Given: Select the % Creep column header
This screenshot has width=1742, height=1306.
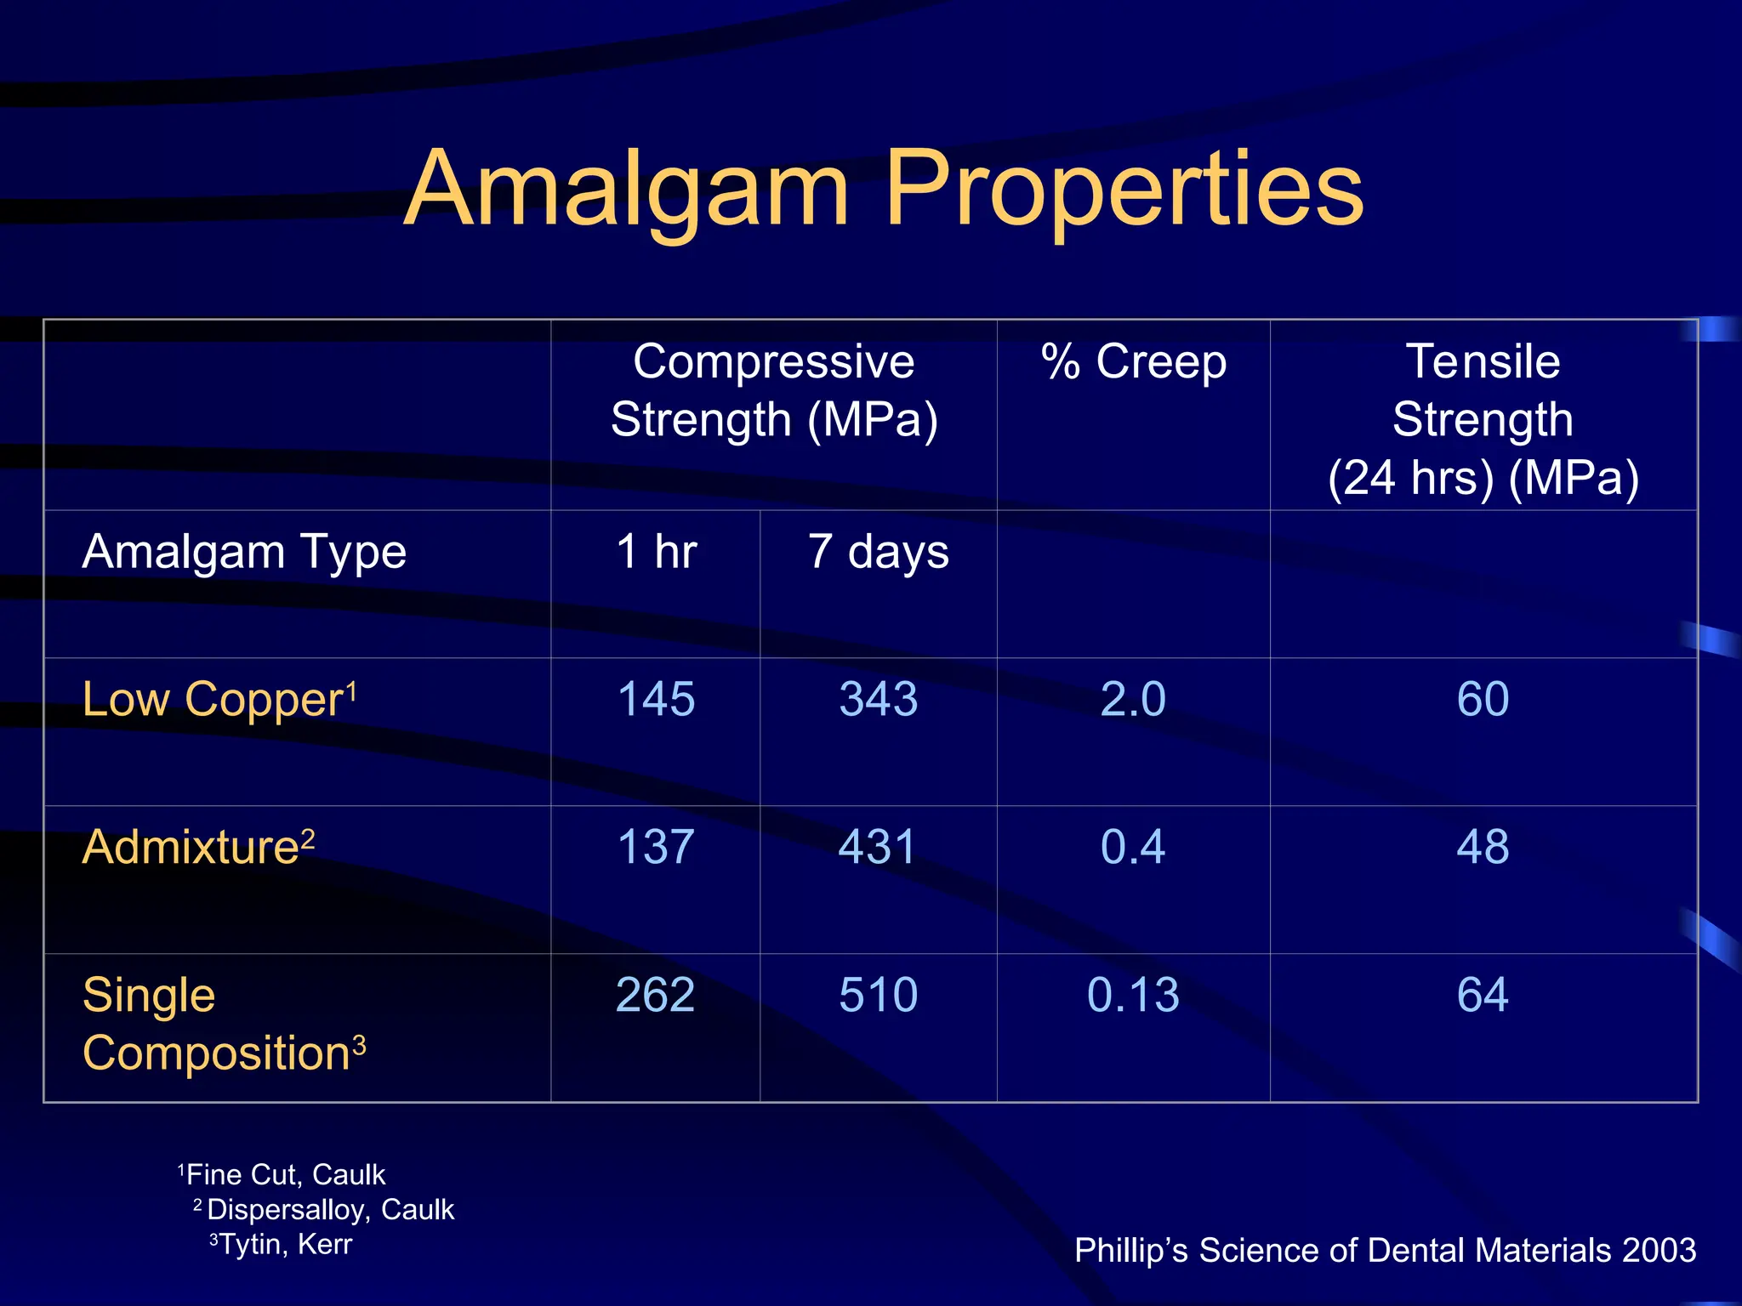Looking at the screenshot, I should click(x=1134, y=362).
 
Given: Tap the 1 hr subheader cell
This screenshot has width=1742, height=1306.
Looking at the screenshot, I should click(x=656, y=552).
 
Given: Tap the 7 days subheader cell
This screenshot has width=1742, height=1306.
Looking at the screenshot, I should click(x=878, y=552).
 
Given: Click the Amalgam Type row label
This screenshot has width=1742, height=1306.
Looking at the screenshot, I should click(x=244, y=552).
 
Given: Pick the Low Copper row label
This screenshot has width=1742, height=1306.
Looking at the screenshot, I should click(x=213, y=700).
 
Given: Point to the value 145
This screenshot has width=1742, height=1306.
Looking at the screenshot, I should click(x=656, y=700).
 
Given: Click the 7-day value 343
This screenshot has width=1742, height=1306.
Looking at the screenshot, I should click(x=878, y=700).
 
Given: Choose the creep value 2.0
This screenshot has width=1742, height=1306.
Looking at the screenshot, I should click(x=1133, y=700).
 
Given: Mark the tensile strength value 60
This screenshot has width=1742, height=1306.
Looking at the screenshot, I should click(x=1483, y=700).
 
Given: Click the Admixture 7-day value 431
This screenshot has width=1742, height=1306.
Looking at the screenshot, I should click(x=878, y=848).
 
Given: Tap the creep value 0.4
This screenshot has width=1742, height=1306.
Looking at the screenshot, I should click(x=1133, y=848).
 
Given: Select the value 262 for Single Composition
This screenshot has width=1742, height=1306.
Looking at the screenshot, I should click(x=656, y=995).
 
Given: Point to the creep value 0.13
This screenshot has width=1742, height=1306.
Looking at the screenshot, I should click(x=1133, y=995).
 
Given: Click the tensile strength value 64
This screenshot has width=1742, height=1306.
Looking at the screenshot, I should click(x=1483, y=995).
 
